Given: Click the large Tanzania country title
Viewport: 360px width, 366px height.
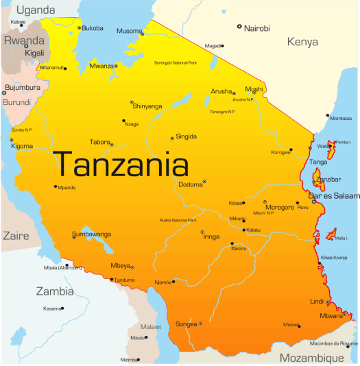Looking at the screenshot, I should pos(122,164).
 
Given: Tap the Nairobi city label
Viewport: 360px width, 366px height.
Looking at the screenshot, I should pos(256,28).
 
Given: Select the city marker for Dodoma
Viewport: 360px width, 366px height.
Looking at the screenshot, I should pos(204,182).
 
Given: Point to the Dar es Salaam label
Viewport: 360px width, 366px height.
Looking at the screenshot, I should pos(335,195).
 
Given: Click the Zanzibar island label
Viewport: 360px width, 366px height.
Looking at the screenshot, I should pos(327,179).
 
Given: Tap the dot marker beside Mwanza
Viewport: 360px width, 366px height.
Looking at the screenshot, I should pos(117,66).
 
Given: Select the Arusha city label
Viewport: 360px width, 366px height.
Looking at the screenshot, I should pos(221,91).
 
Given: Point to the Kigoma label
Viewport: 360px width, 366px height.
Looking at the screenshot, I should pos(22,147).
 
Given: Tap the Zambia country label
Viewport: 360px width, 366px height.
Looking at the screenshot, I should pos(55,291).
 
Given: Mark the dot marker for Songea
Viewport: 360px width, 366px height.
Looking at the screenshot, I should pos(200,324).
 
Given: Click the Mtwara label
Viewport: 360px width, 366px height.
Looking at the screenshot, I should pos(331,316).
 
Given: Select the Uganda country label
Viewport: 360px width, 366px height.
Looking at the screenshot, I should pos(35,10).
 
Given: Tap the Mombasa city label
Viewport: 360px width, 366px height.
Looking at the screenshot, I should pos(341,118).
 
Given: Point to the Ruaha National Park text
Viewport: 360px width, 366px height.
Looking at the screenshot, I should pos(178,220).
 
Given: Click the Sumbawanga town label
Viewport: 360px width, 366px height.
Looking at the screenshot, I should pos(91,234).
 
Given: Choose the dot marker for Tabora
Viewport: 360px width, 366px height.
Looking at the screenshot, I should pos(112,145).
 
